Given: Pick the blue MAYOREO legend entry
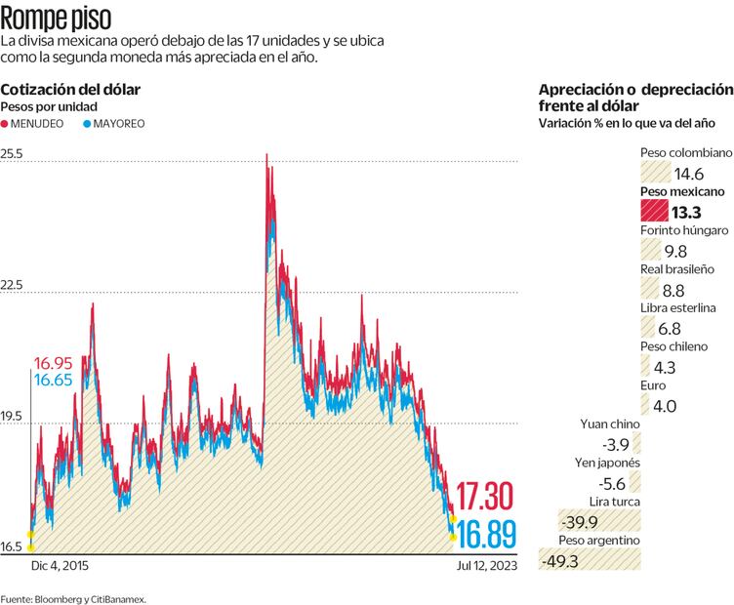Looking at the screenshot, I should [x=115, y=124].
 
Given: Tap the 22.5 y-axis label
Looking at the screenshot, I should [x=13, y=286].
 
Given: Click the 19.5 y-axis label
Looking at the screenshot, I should [x=13, y=417].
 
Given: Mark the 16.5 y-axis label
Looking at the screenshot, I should [x=13, y=547].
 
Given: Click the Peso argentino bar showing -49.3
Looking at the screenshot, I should [x=597, y=559].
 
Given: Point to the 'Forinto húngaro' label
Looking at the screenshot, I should [x=683, y=230].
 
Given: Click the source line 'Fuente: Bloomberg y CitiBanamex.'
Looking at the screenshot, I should [x=74, y=597].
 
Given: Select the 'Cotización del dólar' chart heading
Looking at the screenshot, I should [x=70, y=89].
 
